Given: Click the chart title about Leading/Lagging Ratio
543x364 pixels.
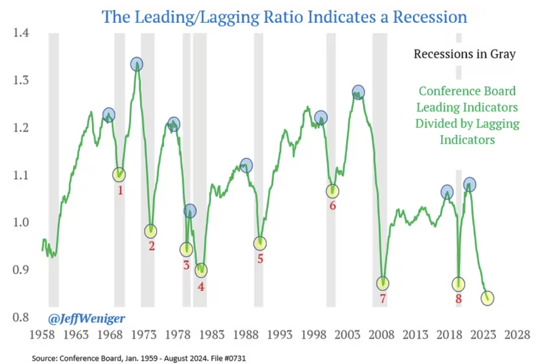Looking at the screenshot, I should (284, 17).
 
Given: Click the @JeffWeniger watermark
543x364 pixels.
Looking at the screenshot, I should (86, 319).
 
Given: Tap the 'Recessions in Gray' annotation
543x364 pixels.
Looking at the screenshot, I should (464, 54).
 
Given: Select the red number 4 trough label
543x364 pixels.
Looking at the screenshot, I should (201, 286).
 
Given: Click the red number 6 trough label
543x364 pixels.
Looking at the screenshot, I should (333, 206).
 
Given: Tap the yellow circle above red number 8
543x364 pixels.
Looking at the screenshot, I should (458, 284).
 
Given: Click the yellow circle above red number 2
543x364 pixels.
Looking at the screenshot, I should (150, 231).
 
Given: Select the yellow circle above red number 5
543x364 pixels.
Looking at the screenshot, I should (260, 244).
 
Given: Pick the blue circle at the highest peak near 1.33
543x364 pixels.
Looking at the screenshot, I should (137, 64).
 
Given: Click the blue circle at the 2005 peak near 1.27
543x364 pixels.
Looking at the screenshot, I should (358, 92).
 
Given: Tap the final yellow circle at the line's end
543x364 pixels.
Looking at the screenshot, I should (488, 298).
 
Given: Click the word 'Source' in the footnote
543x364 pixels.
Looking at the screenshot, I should (43, 358).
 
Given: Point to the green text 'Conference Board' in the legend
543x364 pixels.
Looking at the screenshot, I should (467, 91).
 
